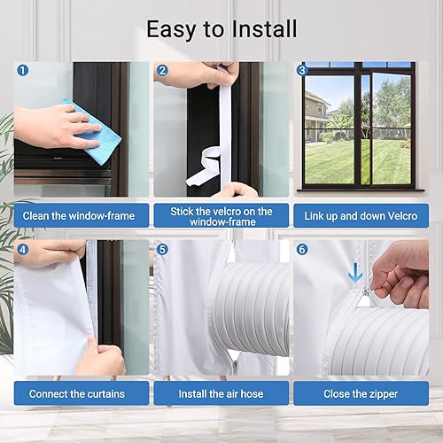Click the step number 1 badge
[x=23, y=70]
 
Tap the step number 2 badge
[x=162, y=70]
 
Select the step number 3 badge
[x=302, y=70]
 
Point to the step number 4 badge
[x=23, y=249]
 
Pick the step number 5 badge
[x=162, y=249]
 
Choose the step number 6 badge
[x=302, y=249]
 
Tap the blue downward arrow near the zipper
[x=354, y=273]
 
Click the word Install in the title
[x=264, y=29]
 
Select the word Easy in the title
[x=171, y=30]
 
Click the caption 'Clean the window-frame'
[x=79, y=216]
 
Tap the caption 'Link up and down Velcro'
[x=361, y=216]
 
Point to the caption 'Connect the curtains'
[x=77, y=393]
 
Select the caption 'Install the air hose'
[x=221, y=393]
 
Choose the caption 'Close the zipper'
[x=361, y=394]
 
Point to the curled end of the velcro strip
[x=204, y=167]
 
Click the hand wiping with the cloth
[x=56, y=127]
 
